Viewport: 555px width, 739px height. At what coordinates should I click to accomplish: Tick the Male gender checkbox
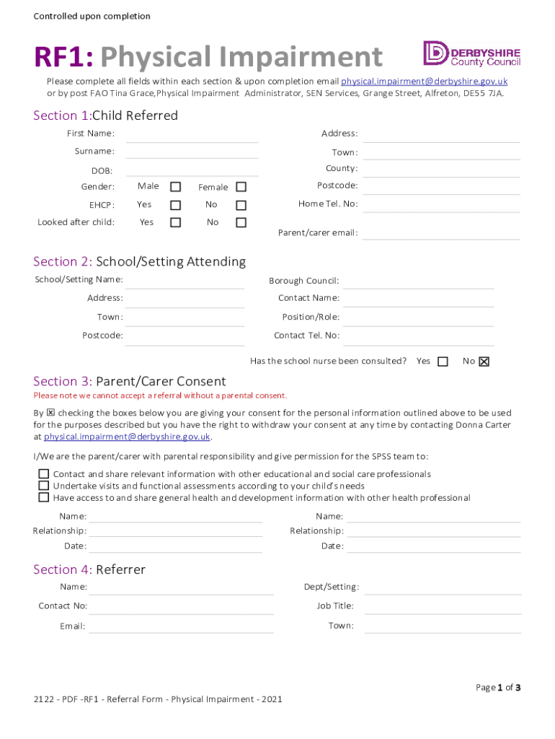175,187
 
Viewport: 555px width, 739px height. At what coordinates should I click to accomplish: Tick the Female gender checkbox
241,187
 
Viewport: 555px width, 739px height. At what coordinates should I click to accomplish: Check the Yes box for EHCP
175,205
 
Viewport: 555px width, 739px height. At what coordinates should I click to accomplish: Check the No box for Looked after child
241,222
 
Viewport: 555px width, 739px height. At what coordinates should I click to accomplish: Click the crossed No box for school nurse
484,362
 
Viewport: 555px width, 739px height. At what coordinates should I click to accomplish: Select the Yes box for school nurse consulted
443,362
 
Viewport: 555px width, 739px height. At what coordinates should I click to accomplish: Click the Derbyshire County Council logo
471,54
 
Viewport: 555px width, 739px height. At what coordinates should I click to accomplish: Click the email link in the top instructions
424,82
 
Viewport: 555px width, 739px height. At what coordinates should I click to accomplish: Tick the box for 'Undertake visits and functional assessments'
44,486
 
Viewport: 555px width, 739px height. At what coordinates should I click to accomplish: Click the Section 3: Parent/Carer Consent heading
130,381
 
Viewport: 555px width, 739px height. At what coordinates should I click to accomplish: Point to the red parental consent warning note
160,395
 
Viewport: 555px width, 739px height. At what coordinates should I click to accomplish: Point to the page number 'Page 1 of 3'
498,688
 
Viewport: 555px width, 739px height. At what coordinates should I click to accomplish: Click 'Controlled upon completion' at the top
92,16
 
